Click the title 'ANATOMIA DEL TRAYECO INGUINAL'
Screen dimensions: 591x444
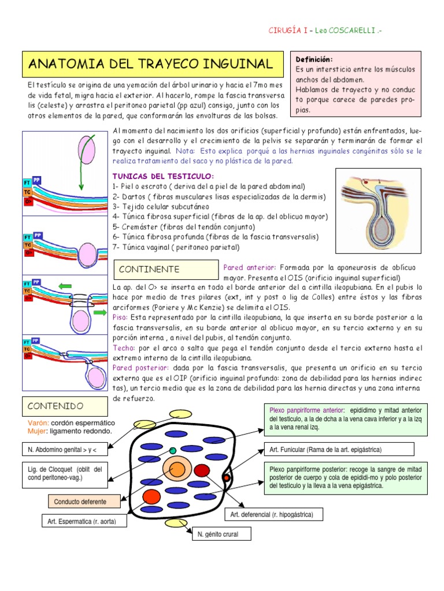click(x=150, y=63)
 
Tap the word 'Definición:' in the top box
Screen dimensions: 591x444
click(x=314, y=59)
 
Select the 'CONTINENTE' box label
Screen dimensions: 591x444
click(x=149, y=270)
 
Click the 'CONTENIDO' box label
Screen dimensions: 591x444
click(x=55, y=406)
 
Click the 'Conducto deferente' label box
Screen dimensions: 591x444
click(x=77, y=501)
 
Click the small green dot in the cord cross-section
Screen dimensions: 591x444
click(x=173, y=450)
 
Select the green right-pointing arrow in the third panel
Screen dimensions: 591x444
click(x=99, y=313)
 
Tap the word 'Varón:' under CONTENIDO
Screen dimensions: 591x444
click(x=38, y=422)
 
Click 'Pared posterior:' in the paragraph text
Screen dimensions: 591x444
click(x=141, y=367)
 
